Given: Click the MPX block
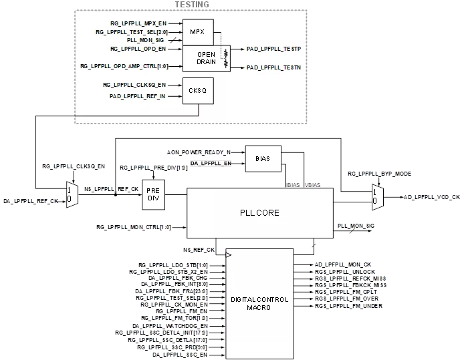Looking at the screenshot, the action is (x=198, y=32).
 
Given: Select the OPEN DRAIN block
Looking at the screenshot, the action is (x=206, y=58).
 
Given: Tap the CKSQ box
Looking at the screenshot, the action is (x=198, y=91).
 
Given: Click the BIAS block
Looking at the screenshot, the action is (x=263, y=159).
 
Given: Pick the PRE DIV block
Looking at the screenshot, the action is (x=154, y=194).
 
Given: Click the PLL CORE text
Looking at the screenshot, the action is (x=259, y=213).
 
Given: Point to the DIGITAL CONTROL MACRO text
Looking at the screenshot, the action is (x=259, y=303).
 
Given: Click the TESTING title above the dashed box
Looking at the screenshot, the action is (x=192, y=5).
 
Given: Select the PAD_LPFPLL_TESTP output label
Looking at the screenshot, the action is (x=273, y=49).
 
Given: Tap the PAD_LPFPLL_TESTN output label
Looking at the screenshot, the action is (x=273, y=67).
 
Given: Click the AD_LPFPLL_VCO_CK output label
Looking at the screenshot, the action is (x=432, y=197).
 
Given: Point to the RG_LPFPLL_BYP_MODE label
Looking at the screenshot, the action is (x=379, y=174).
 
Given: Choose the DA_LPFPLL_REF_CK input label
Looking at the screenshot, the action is (x=31, y=201).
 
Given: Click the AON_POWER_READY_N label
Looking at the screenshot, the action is (x=199, y=152).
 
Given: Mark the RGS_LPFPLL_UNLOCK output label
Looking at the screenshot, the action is (x=345, y=272).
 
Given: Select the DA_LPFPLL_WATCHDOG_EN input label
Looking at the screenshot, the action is (x=170, y=326).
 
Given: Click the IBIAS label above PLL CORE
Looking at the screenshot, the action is (x=293, y=185).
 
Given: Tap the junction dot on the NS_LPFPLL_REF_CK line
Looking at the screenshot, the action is (x=116, y=194).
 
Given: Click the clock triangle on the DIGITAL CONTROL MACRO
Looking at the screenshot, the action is (x=229, y=255).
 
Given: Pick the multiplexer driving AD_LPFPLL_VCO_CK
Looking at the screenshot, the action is (x=378, y=197).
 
